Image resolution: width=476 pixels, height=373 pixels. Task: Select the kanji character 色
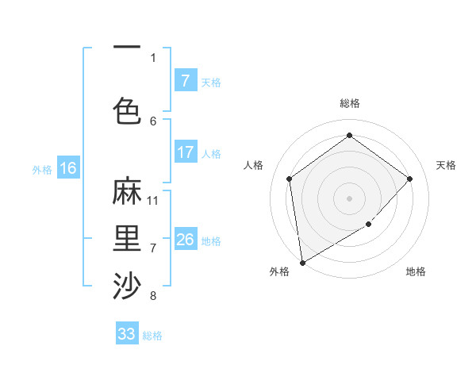pos(127,109)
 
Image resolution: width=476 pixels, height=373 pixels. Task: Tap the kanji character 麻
pos(127,193)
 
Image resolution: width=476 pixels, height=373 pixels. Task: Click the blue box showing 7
pos(185,81)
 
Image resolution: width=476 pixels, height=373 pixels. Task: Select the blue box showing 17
pos(185,152)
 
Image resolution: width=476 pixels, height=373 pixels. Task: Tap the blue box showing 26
pos(185,240)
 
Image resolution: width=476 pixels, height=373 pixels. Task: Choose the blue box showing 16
pos(67,168)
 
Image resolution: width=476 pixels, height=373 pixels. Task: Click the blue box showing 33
pos(127,334)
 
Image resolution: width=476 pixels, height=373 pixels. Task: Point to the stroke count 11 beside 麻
pos(153,200)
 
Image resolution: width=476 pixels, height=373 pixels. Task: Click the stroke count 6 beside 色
pos(153,121)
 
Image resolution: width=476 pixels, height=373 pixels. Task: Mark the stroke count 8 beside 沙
pos(153,296)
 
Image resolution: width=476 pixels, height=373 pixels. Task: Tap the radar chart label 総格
pos(349,103)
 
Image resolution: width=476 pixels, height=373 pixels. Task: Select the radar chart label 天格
pos(447,165)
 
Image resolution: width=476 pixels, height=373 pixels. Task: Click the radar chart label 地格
pos(416,271)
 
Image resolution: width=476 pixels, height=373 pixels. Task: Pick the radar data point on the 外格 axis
pos(302,262)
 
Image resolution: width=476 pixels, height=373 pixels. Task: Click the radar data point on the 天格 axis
pos(410,179)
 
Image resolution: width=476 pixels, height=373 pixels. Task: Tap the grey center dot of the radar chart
pos(349,198)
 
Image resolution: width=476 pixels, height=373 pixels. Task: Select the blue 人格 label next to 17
pos(211,153)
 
